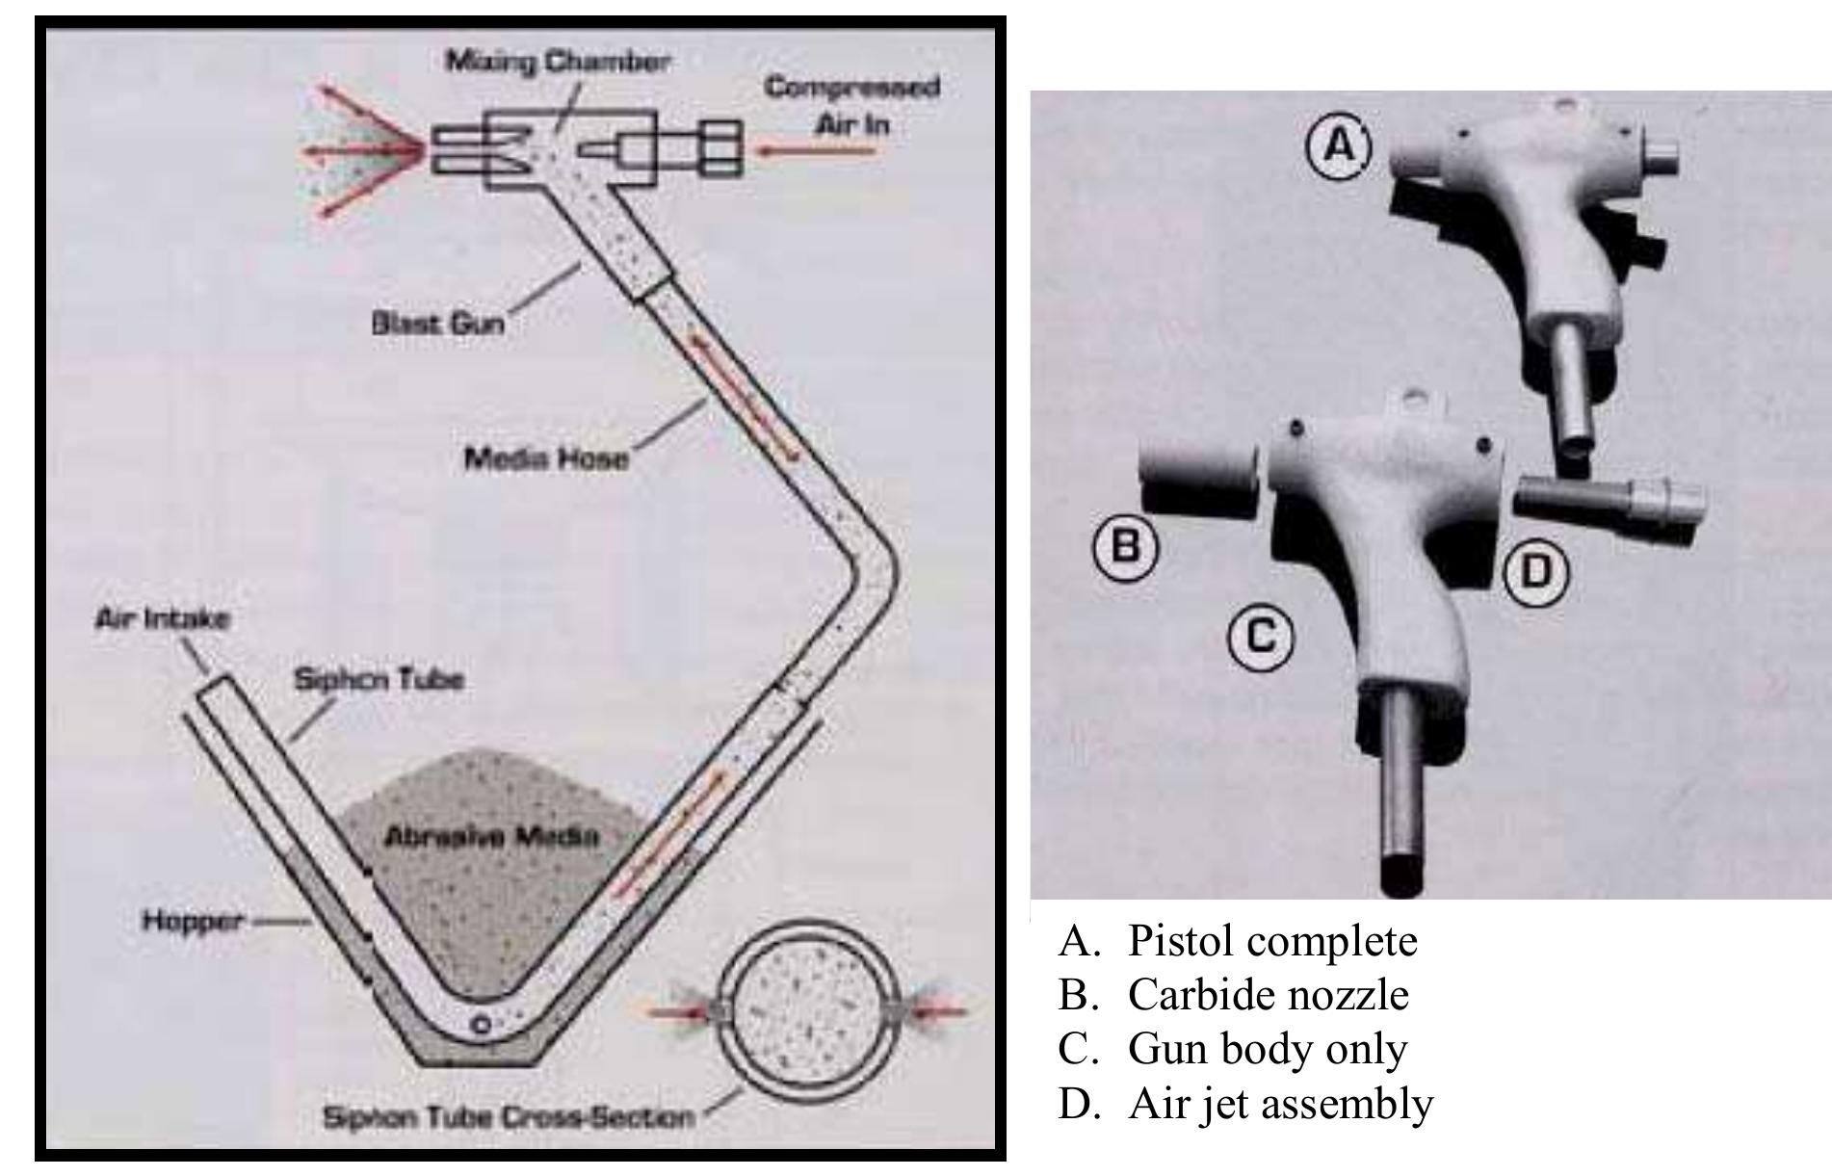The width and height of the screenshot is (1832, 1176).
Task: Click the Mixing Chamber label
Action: (x=557, y=62)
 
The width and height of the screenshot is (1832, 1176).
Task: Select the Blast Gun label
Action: (x=437, y=323)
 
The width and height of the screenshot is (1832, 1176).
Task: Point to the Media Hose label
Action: (x=546, y=457)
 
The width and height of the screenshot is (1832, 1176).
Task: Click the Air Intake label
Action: (x=163, y=618)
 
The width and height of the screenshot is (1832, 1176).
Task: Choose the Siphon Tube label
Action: (x=379, y=680)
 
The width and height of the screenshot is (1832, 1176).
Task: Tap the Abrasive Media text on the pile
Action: (x=491, y=836)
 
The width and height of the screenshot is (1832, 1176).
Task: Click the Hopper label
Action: (x=193, y=922)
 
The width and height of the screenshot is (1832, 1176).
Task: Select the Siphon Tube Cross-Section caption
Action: (x=508, y=1118)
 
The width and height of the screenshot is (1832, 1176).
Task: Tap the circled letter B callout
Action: (x=1125, y=547)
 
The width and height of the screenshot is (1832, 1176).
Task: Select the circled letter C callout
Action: (x=1260, y=636)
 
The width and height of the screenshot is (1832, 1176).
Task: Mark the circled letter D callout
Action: (x=1536, y=572)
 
